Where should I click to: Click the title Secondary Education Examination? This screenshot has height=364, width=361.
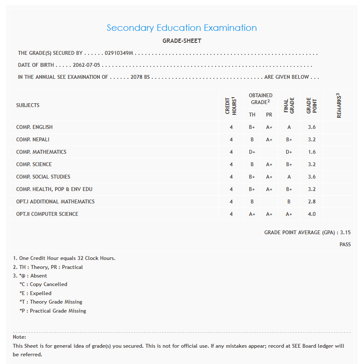pos(182,28)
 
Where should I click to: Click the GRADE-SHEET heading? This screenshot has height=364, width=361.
pos(182,41)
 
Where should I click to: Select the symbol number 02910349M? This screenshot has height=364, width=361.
pos(119,54)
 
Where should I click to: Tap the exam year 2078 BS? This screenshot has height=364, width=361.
pos(141,78)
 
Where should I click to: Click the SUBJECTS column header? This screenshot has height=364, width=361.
pos(28,105)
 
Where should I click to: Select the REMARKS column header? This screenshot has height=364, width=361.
pos(339,105)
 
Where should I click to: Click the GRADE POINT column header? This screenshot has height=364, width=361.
pos(312,105)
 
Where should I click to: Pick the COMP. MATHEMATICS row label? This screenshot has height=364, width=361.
pos(41,152)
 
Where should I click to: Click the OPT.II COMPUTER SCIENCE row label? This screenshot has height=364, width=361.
pos(47,214)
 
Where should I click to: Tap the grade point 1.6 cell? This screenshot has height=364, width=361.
pos(312,152)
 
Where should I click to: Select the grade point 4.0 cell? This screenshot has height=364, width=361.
pos(312,214)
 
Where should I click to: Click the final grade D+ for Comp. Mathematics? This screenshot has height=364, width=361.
pos(289,152)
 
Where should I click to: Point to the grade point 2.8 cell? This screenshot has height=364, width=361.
pos(312,202)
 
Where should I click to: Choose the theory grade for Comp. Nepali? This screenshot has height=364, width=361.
pos(252,140)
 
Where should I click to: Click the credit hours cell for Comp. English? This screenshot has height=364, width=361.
pos(231,127)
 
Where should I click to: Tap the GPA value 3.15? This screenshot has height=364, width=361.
pos(345,233)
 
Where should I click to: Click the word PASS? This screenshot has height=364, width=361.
pos(345,245)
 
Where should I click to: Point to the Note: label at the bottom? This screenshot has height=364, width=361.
pos(20,337)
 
